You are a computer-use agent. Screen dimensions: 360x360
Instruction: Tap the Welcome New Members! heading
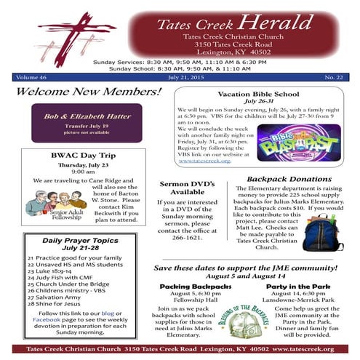(x=88, y=92)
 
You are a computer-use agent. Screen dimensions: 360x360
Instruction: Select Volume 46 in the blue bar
(x=31, y=75)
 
